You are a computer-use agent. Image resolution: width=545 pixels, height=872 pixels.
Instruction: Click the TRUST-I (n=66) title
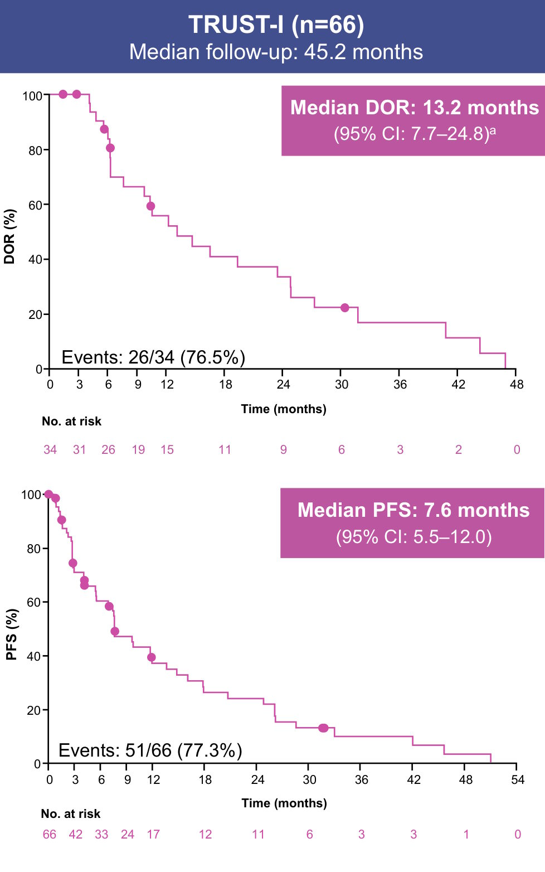pyautogui.click(x=276, y=25)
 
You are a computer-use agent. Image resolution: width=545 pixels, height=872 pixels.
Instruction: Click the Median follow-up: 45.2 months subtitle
pyautogui.click(x=276, y=52)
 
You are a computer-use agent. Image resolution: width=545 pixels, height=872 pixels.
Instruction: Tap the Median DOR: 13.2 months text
pyautogui.click(x=414, y=107)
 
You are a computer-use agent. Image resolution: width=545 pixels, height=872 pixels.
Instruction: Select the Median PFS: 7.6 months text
pyautogui.click(x=413, y=510)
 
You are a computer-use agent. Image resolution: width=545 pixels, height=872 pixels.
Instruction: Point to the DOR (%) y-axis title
pyautogui.click(x=9, y=236)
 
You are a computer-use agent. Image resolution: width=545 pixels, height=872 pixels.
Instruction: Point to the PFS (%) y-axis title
pyautogui.click(x=12, y=634)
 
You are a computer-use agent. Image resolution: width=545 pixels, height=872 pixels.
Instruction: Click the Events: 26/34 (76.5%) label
pyautogui.click(x=153, y=357)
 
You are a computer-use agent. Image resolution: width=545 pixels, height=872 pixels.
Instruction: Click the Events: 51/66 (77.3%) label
pyautogui.click(x=150, y=750)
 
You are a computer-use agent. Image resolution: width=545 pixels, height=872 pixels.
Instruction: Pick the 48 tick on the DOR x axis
pyautogui.click(x=517, y=384)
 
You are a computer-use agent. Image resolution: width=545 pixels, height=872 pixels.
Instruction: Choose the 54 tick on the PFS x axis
pyautogui.click(x=518, y=779)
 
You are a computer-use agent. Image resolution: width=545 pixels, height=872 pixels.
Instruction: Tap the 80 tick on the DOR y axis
pyautogui.click(x=35, y=151)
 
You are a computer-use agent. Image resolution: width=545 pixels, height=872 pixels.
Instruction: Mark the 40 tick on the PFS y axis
pyautogui.click(x=34, y=656)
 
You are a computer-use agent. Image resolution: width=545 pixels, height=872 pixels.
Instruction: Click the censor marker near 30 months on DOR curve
pyautogui.click(x=344, y=308)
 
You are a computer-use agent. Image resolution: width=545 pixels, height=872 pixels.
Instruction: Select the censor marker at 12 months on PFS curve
pyautogui.click(x=152, y=657)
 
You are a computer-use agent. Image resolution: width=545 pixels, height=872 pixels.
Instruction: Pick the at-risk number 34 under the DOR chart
pyautogui.click(x=50, y=449)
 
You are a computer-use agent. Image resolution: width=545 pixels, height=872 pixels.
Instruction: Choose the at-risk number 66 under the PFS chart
pyautogui.click(x=50, y=834)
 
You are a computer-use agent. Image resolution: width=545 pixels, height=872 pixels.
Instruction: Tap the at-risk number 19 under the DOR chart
pyautogui.click(x=138, y=449)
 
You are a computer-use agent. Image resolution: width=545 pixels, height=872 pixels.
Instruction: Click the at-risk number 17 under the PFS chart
pyautogui.click(x=153, y=834)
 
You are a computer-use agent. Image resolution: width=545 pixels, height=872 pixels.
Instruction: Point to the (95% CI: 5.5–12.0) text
pyautogui.click(x=413, y=536)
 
